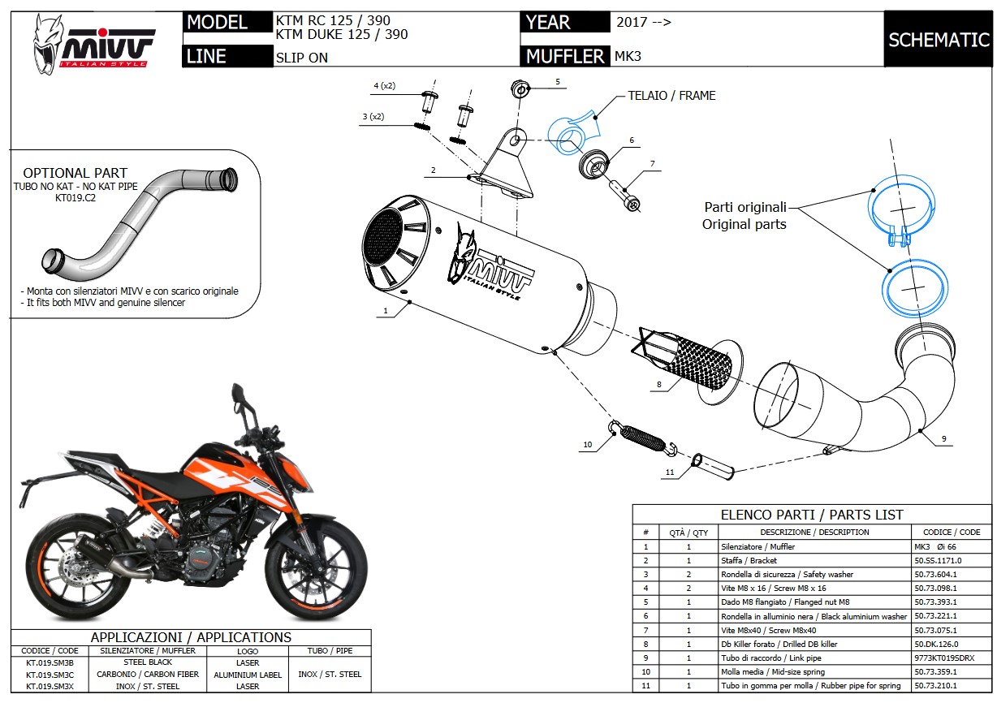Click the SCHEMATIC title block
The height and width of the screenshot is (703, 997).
click(x=938, y=40)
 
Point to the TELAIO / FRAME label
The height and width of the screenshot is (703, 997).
click(x=671, y=96)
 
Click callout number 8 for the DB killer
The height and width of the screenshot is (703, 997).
click(x=659, y=383)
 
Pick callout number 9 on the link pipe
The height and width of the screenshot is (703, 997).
click(x=945, y=438)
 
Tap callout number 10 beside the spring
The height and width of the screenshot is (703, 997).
click(x=588, y=444)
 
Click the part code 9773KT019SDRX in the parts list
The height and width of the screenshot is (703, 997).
click(x=944, y=657)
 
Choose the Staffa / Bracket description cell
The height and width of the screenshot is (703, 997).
click(x=749, y=560)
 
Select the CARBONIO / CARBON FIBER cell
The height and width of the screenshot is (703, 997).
click(x=148, y=675)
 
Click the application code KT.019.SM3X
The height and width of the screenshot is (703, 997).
click(x=50, y=686)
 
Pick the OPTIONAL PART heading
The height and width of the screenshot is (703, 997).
click(x=75, y=173)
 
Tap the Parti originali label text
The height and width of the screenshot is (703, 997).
click(x=745, y=207)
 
